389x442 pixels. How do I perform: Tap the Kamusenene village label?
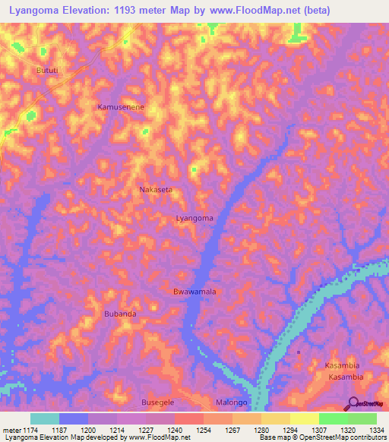click(121, 107)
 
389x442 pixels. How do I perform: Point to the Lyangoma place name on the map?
click(194, 218)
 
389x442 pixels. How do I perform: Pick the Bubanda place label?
click(120, 314)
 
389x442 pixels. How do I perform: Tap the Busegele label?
click(158, 403)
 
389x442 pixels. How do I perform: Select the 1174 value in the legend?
click(24, 430)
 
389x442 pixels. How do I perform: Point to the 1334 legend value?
click(375, 430)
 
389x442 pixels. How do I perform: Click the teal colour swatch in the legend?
click(45, 418)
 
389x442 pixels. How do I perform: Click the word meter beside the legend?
click(11, 430)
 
